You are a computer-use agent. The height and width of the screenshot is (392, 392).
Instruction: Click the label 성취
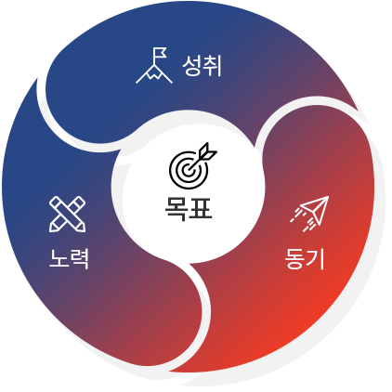point(202,66)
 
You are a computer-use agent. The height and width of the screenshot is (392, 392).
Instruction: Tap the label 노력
point(69,258)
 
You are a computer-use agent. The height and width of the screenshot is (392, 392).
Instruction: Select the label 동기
point(305,258)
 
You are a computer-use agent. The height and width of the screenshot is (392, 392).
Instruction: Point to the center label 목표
point(189,209)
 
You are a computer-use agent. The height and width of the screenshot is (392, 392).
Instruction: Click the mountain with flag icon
point(154,66)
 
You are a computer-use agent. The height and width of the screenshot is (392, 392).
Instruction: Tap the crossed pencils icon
point(67,214)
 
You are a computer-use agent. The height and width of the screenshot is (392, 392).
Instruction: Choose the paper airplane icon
point(309,214)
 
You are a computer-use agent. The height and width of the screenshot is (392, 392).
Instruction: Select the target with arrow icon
point(193,165)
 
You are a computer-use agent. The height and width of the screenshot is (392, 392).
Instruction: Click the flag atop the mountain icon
point(161,53)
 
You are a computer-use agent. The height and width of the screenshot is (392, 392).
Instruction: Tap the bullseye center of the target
point(187,170)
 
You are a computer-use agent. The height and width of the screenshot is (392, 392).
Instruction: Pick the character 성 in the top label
point(192,66)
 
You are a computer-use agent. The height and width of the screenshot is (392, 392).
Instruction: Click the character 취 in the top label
point(213,66)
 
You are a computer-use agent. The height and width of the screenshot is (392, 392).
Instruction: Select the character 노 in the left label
point(59,258)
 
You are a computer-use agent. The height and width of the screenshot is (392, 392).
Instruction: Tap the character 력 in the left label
point(80,258)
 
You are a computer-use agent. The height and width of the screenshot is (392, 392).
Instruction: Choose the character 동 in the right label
point(294,258)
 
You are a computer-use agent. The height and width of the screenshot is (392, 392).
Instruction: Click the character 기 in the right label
point(315,258)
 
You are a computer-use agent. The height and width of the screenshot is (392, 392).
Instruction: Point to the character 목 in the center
point(176,209)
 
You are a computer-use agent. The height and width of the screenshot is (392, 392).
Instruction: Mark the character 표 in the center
point(201,208)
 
